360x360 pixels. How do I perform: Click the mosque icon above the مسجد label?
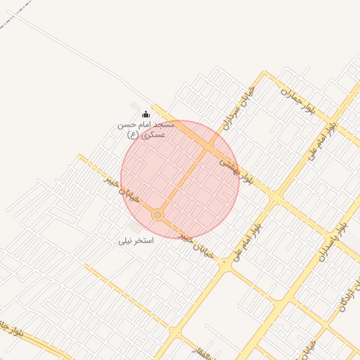coord(146,114)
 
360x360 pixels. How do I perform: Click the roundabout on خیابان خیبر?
coord(158,214)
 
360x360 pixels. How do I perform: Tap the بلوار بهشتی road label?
coord(236,169)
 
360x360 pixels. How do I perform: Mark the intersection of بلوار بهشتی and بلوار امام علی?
coord(277,200)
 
